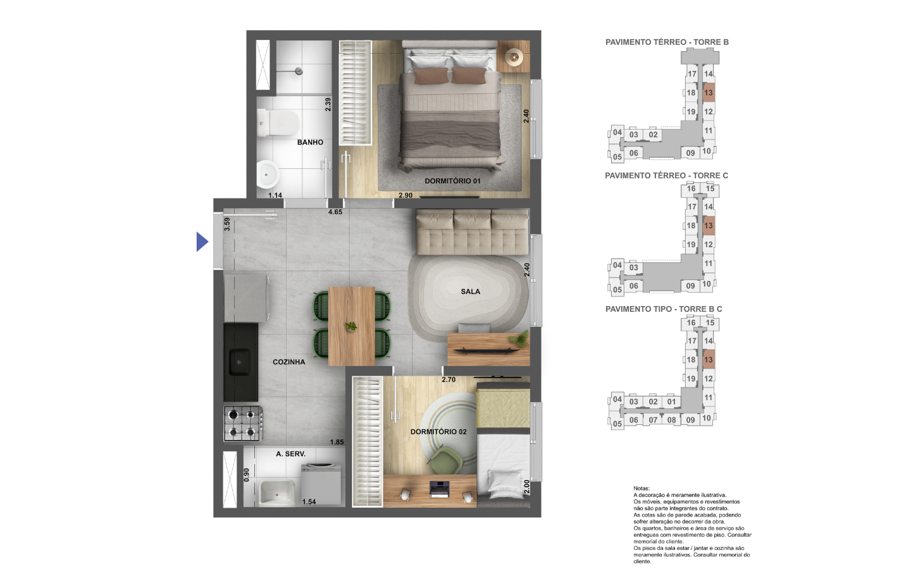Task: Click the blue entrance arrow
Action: click(x=202, y=242)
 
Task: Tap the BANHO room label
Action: click(x=310, y=142)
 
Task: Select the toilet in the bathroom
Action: click(x=278, y=123)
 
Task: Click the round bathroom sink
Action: click(x=268, y=174)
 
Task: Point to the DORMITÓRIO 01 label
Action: click(x=453, y=181)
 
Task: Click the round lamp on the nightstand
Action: click(x=514, y=57)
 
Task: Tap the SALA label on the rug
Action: click(x=470, y=291)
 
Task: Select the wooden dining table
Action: click(x=352, y=326)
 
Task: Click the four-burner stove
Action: click(x=243, y=423)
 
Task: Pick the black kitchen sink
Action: click(x=240, y=362)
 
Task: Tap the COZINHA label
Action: click(x=288, y=362)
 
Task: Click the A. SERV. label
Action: click(x=290, y=454)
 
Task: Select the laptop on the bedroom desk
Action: click(x=440, y=489)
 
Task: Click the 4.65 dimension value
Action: click(x=335, y=212)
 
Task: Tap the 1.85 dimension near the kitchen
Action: click(x=337, y=442)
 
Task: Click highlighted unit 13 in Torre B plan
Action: click(x=709, y=93)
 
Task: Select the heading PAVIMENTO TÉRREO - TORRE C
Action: click(x=666, y=176)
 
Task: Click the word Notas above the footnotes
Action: click(x=641, y=489)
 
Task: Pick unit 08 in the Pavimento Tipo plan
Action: click(x=671, y=420)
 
